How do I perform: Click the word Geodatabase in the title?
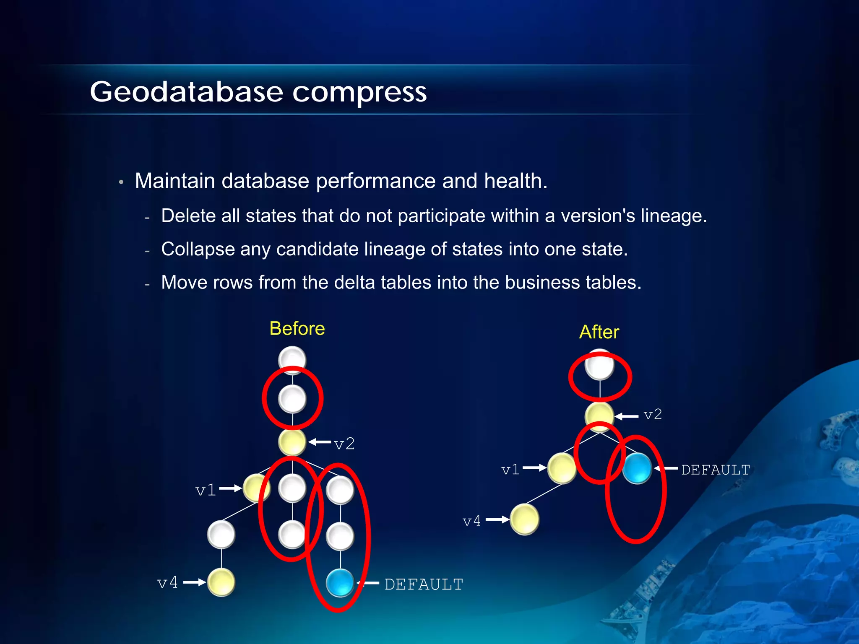coord(186,92)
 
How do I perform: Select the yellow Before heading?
coord(297,328)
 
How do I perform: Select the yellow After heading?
coord(599,332)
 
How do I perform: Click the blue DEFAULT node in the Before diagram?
coord(340,582)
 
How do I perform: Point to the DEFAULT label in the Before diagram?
coord(424,584)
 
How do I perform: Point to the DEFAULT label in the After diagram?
coord(716,470)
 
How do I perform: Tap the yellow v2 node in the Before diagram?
coord(292,442)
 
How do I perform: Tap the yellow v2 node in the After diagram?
coord(599,415)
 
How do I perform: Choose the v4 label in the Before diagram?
coord(168,582)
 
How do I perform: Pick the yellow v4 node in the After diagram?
coord(524,519)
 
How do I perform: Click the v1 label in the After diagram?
coord(510,470)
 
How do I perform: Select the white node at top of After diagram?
coord(600,365)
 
